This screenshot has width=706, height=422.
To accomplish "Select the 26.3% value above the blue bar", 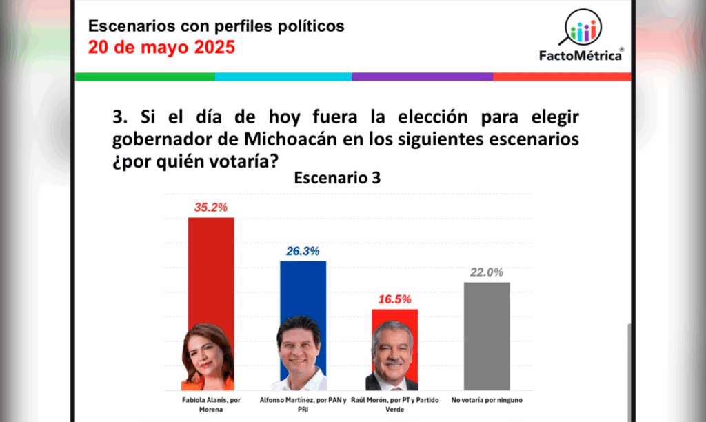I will (x=303, y=251).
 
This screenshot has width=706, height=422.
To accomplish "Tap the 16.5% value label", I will (x=394, y=299).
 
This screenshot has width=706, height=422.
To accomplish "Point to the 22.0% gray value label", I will (x=486, y=272).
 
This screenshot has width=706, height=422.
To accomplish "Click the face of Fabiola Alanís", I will (x=207, y=356).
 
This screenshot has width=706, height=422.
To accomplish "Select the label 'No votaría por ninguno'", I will (x=487, y=399).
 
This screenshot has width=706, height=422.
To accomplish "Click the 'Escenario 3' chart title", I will (x=336, y=177).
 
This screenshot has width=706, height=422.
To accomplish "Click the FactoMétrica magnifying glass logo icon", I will (x=583, y=28).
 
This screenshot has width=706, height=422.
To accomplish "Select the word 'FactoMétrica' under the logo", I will (x=581, y=55).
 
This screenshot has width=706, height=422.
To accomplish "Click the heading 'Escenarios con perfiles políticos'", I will (x=216, y=27).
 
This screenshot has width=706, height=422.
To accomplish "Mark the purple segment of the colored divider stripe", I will (x=422, y=77).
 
